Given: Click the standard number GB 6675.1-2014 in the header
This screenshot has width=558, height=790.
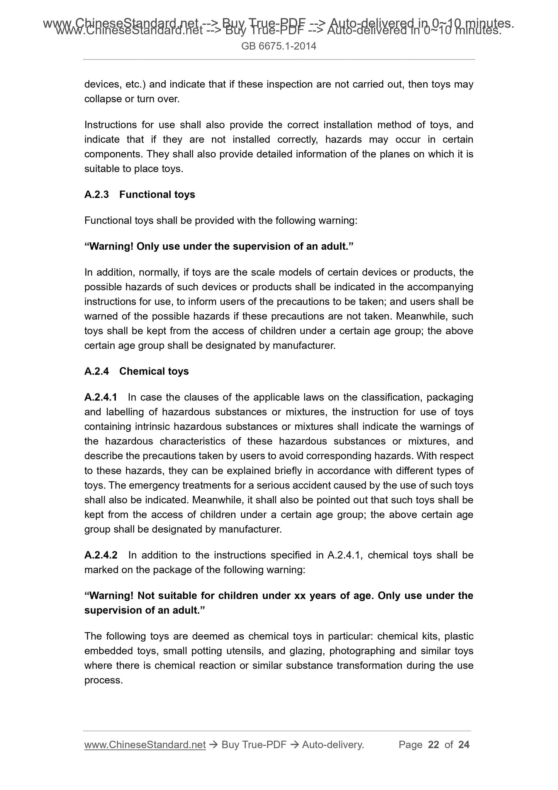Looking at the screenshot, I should point(279,46).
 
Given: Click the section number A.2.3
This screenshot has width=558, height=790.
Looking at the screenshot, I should point(97,194).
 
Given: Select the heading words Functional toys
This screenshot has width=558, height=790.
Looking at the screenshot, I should point(157,194).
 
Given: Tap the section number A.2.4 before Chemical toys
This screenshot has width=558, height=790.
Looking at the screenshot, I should point(97,371).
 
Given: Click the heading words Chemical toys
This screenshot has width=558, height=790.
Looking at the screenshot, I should point(154,371).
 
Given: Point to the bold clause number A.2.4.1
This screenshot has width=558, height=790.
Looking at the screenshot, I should point(101,397).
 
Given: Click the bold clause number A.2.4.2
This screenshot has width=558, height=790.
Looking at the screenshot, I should point(101,555).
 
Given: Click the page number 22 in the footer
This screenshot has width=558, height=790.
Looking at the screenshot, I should point(434,745).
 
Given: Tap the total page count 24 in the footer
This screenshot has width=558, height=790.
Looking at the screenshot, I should point(463,745).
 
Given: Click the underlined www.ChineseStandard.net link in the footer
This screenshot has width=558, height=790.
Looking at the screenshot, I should point(145,745).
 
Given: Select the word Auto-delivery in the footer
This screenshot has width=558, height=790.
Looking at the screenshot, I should point(333,745).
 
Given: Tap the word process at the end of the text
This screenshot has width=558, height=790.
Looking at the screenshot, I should point(103,681).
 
